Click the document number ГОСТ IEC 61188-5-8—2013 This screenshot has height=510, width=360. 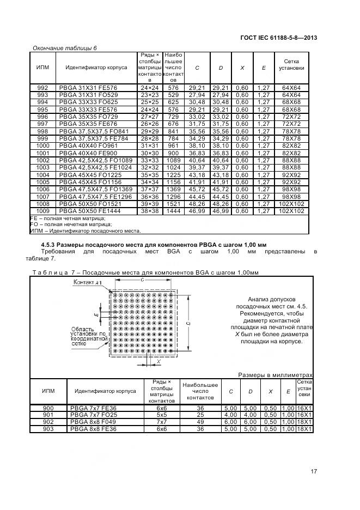[278, 38]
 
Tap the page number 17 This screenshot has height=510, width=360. [314, 471]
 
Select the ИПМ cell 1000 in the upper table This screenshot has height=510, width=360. [42, 146]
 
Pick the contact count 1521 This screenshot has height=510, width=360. [173, 203]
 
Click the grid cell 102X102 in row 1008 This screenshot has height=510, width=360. [291, 203]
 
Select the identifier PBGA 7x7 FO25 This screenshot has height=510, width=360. [93, 415]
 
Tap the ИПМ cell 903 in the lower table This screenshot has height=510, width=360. [48, 429]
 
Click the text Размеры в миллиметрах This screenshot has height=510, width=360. [275, 374]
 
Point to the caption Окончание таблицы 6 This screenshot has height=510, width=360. [65, 48]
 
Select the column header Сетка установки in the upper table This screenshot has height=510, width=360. [291, 65]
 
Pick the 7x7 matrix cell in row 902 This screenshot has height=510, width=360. [162, 422]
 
